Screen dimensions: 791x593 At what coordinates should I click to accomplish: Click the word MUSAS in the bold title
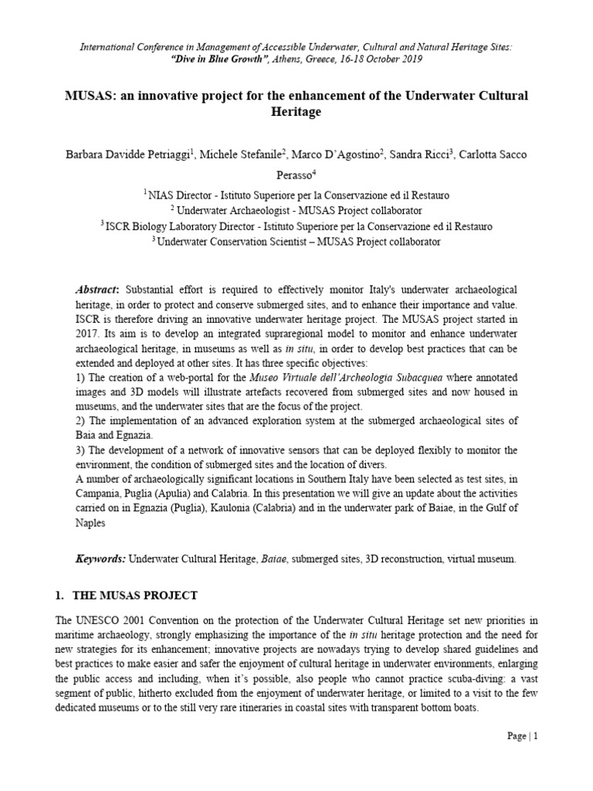coord(86,95)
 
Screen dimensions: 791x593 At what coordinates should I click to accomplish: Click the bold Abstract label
coord(97,288)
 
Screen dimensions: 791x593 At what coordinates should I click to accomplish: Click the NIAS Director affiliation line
coord(296,195)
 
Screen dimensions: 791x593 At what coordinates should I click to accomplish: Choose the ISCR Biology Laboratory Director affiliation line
coord(296,226)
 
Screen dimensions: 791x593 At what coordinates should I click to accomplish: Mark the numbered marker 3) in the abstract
coord(80,450)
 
